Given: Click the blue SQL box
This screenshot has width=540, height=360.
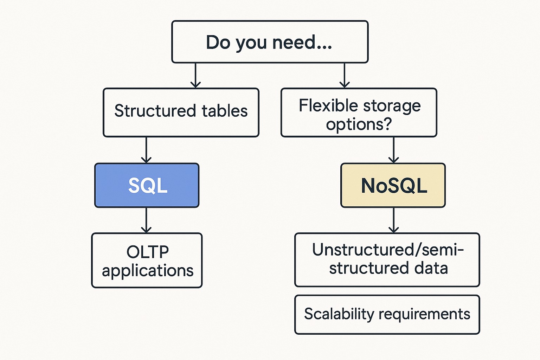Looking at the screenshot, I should click(147, 185).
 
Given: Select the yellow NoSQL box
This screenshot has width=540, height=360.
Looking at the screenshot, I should click(393, 185).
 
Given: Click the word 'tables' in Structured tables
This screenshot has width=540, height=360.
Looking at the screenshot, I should click(225, 111).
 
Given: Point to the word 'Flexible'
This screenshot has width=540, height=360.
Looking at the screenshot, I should click(328, 105).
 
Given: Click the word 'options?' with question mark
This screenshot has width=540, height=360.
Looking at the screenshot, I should click(359, 124).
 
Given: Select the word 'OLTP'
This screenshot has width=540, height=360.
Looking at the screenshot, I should click(148, 252).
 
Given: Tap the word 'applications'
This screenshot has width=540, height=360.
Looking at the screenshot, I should click(148, 271).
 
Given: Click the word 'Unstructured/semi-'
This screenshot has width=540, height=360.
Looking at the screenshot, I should click(388, 250).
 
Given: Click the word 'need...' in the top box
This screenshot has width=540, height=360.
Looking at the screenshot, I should click(302, 42).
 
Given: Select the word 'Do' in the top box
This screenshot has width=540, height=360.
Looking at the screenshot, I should click(218, 42).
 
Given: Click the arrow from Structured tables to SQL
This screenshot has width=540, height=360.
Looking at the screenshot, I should click(146, 150).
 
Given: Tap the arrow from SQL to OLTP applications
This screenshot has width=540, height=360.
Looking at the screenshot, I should click(146, 220).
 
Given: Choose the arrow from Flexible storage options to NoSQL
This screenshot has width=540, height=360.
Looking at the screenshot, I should click(393, 150).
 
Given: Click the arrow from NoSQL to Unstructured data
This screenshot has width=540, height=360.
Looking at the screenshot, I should click(393, 220).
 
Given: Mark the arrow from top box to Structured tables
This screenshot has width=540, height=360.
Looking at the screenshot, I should click(195, 76).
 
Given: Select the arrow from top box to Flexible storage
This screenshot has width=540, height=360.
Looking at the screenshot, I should click(345, 76).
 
